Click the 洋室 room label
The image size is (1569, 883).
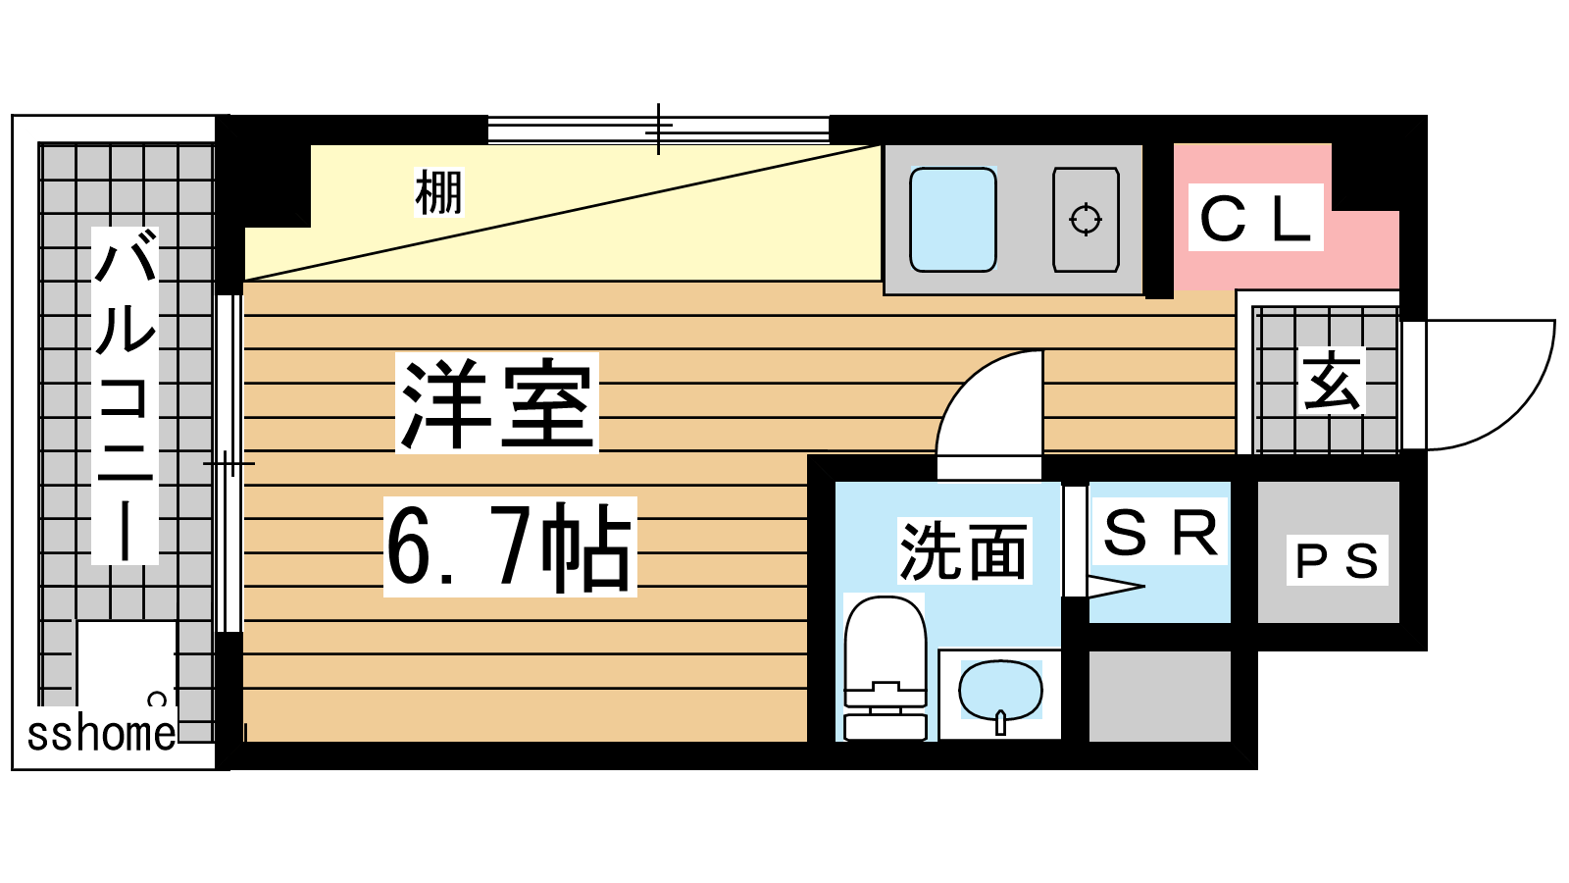497,403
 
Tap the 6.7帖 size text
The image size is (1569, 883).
510,546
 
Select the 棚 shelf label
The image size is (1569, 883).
438,192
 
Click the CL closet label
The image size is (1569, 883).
1256,218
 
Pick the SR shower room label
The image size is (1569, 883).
1160,534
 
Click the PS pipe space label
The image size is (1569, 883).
1337,561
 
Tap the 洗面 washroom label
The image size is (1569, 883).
963,550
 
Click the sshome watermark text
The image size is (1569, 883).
101,734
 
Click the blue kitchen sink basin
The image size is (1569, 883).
952,220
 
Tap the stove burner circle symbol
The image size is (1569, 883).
1086,220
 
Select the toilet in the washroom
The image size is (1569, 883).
886,667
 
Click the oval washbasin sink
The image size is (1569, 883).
1000,691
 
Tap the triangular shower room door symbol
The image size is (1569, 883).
1114,589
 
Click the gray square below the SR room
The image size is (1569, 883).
1160,696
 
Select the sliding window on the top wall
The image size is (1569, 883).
658,129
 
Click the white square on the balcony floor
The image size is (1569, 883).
126,662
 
